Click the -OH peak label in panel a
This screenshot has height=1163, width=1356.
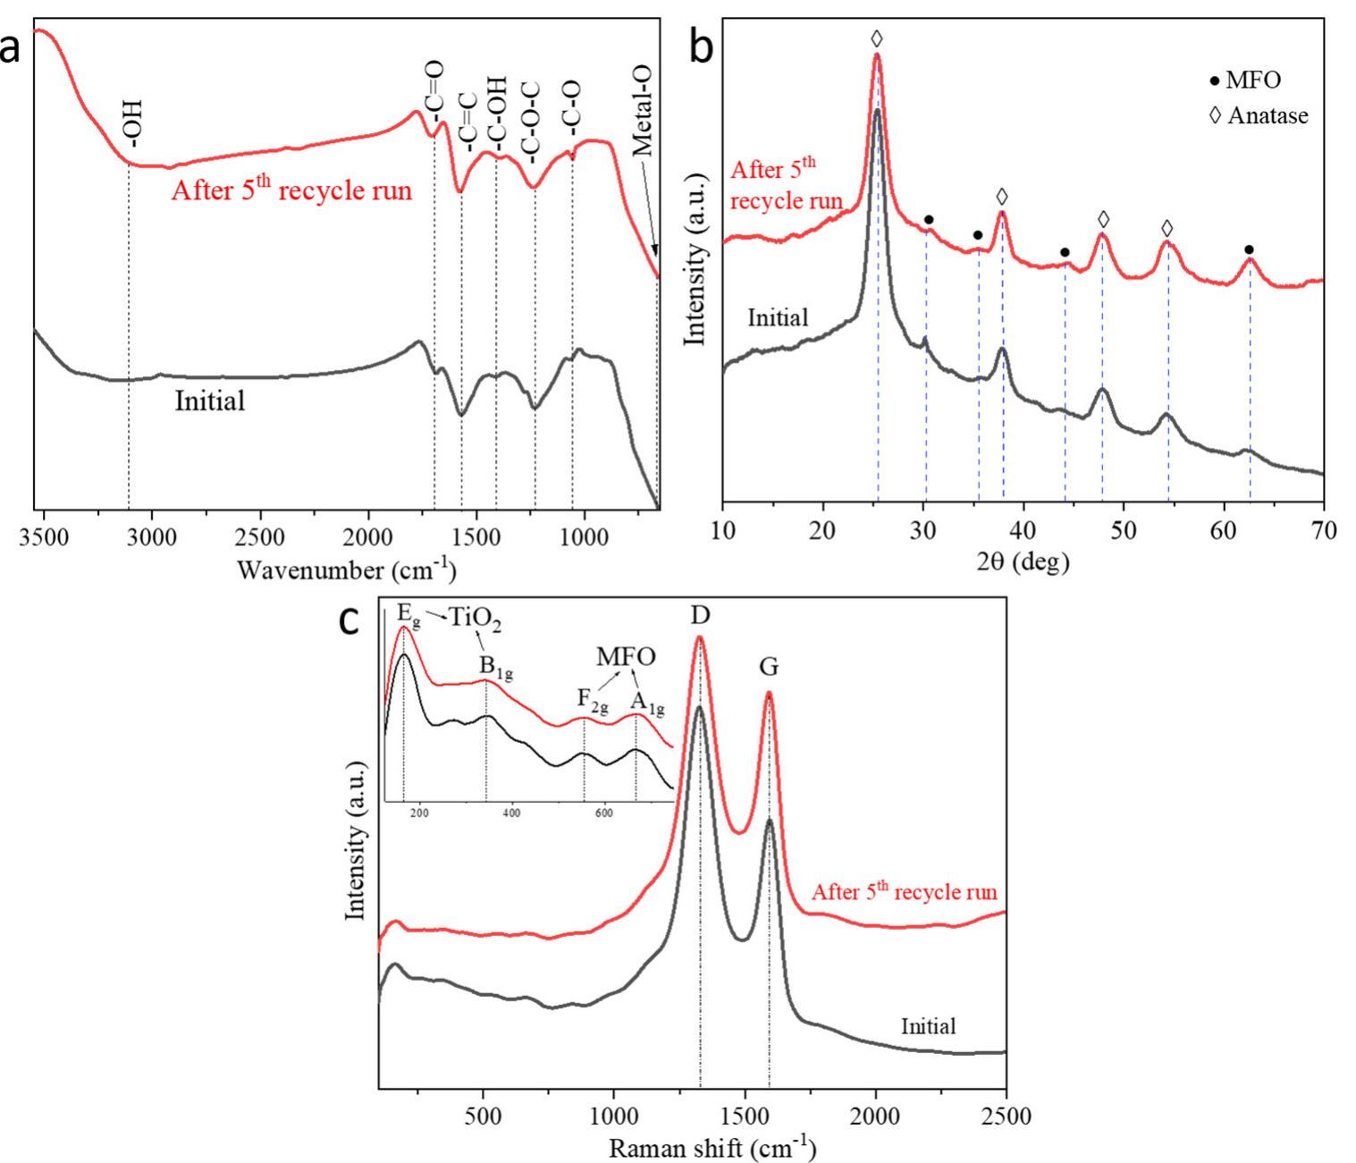(132, 123)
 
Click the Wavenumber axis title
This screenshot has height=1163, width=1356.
(347, 569)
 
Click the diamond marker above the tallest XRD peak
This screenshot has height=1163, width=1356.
(877, 38)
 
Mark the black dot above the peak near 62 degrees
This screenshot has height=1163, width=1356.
(1249, 249)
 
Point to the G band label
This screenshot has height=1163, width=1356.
(769, 666)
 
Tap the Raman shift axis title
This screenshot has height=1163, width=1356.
(712, 1147)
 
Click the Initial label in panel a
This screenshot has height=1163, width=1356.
(209, 400)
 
